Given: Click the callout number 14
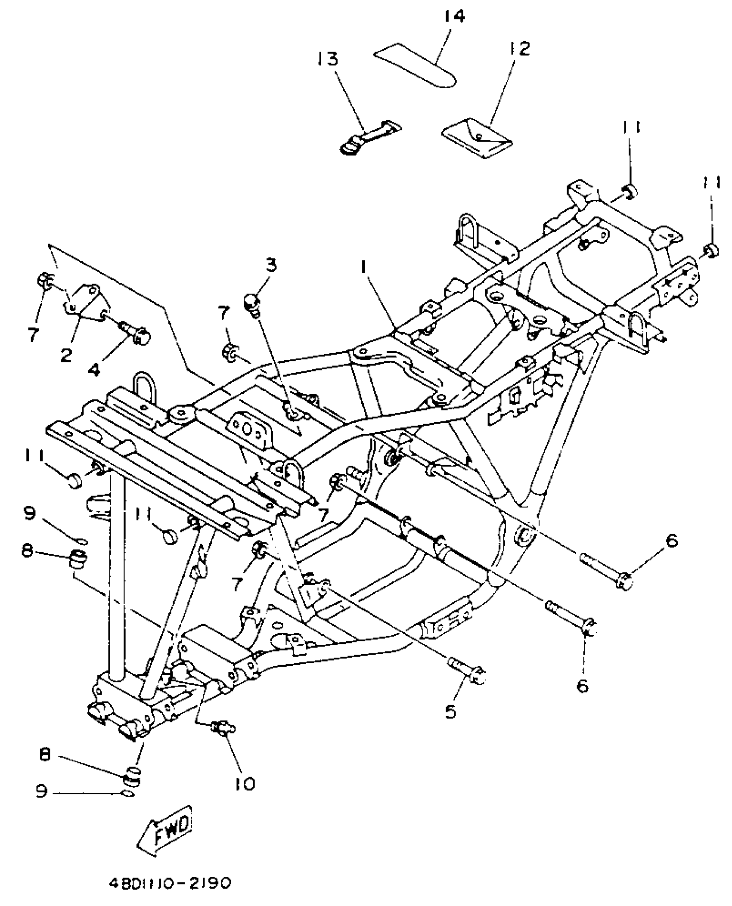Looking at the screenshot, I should pyautogui.click(x=454, y=17).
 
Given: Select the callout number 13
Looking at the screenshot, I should pyautogui.click(x=329, y=59).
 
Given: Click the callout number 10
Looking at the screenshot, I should pyautogui.click(x=245, y=783).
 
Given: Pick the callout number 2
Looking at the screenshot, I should pyautogui.click(x=66, y=356).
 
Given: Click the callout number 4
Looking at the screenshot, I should pyautogui.click(x=94, y=368).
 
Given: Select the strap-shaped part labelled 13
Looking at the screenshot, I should pyautogui.click(x=369, y=136).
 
